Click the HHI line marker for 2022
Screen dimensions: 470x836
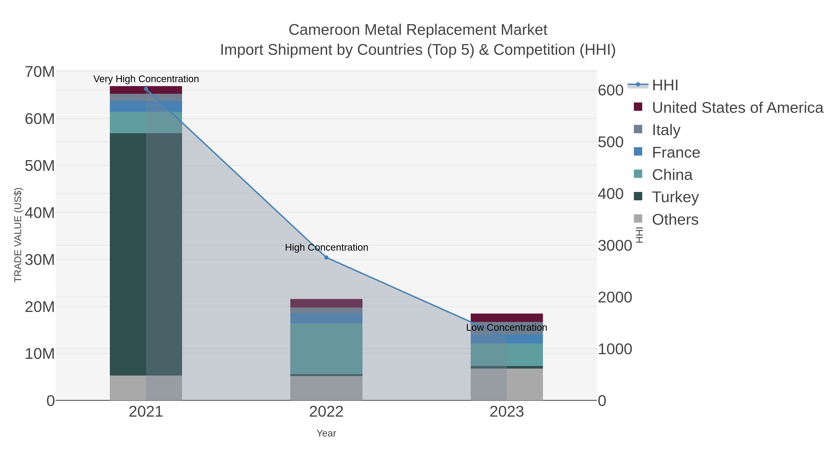[x=326, y=258]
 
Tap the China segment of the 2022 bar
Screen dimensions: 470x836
[x=326, y=348]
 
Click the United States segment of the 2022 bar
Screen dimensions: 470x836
[x=326, y=303]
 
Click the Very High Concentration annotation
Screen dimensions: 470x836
[x=146, y=79]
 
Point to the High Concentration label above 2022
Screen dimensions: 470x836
[x=327, y=247]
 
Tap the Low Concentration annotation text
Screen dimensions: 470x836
[x=507, y=327]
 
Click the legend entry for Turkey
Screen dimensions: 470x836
[x=675, y=197]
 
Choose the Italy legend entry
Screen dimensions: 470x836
[x=666, y=130]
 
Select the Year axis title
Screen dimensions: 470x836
[x=326, y=433]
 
